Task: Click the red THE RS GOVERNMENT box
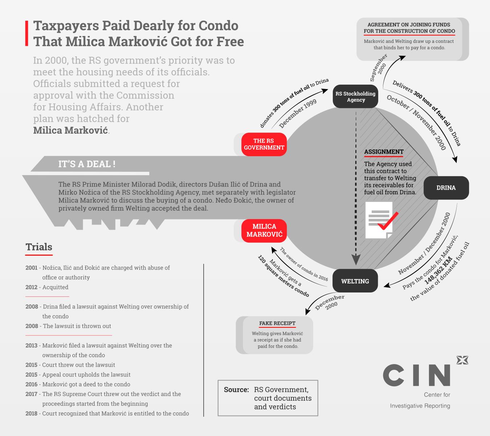(x=264, y=144)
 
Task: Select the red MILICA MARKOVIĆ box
(x=264, y=230)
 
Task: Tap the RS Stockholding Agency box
(x=356, y=97)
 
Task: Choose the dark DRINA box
(x=446, y=188)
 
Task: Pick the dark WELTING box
(x=355, y=281)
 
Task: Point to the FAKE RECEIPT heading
(x=277, y=323)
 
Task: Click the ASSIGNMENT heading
(x=384, y=152)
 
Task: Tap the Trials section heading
(x=39, y=247)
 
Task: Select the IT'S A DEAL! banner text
(x=87, y=164)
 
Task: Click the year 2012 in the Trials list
(x=32, y=287)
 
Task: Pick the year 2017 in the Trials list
(x=32, y=394)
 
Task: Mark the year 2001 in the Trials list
(x=32, y=268)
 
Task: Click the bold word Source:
(x=236, y=390)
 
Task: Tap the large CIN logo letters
(x=416, y=375)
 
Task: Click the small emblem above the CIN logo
(x=462, y=360)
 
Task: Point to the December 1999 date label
(x=298, y=114)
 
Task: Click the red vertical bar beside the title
(x=26, y=33)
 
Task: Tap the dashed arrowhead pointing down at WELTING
(x=356, y=259)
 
